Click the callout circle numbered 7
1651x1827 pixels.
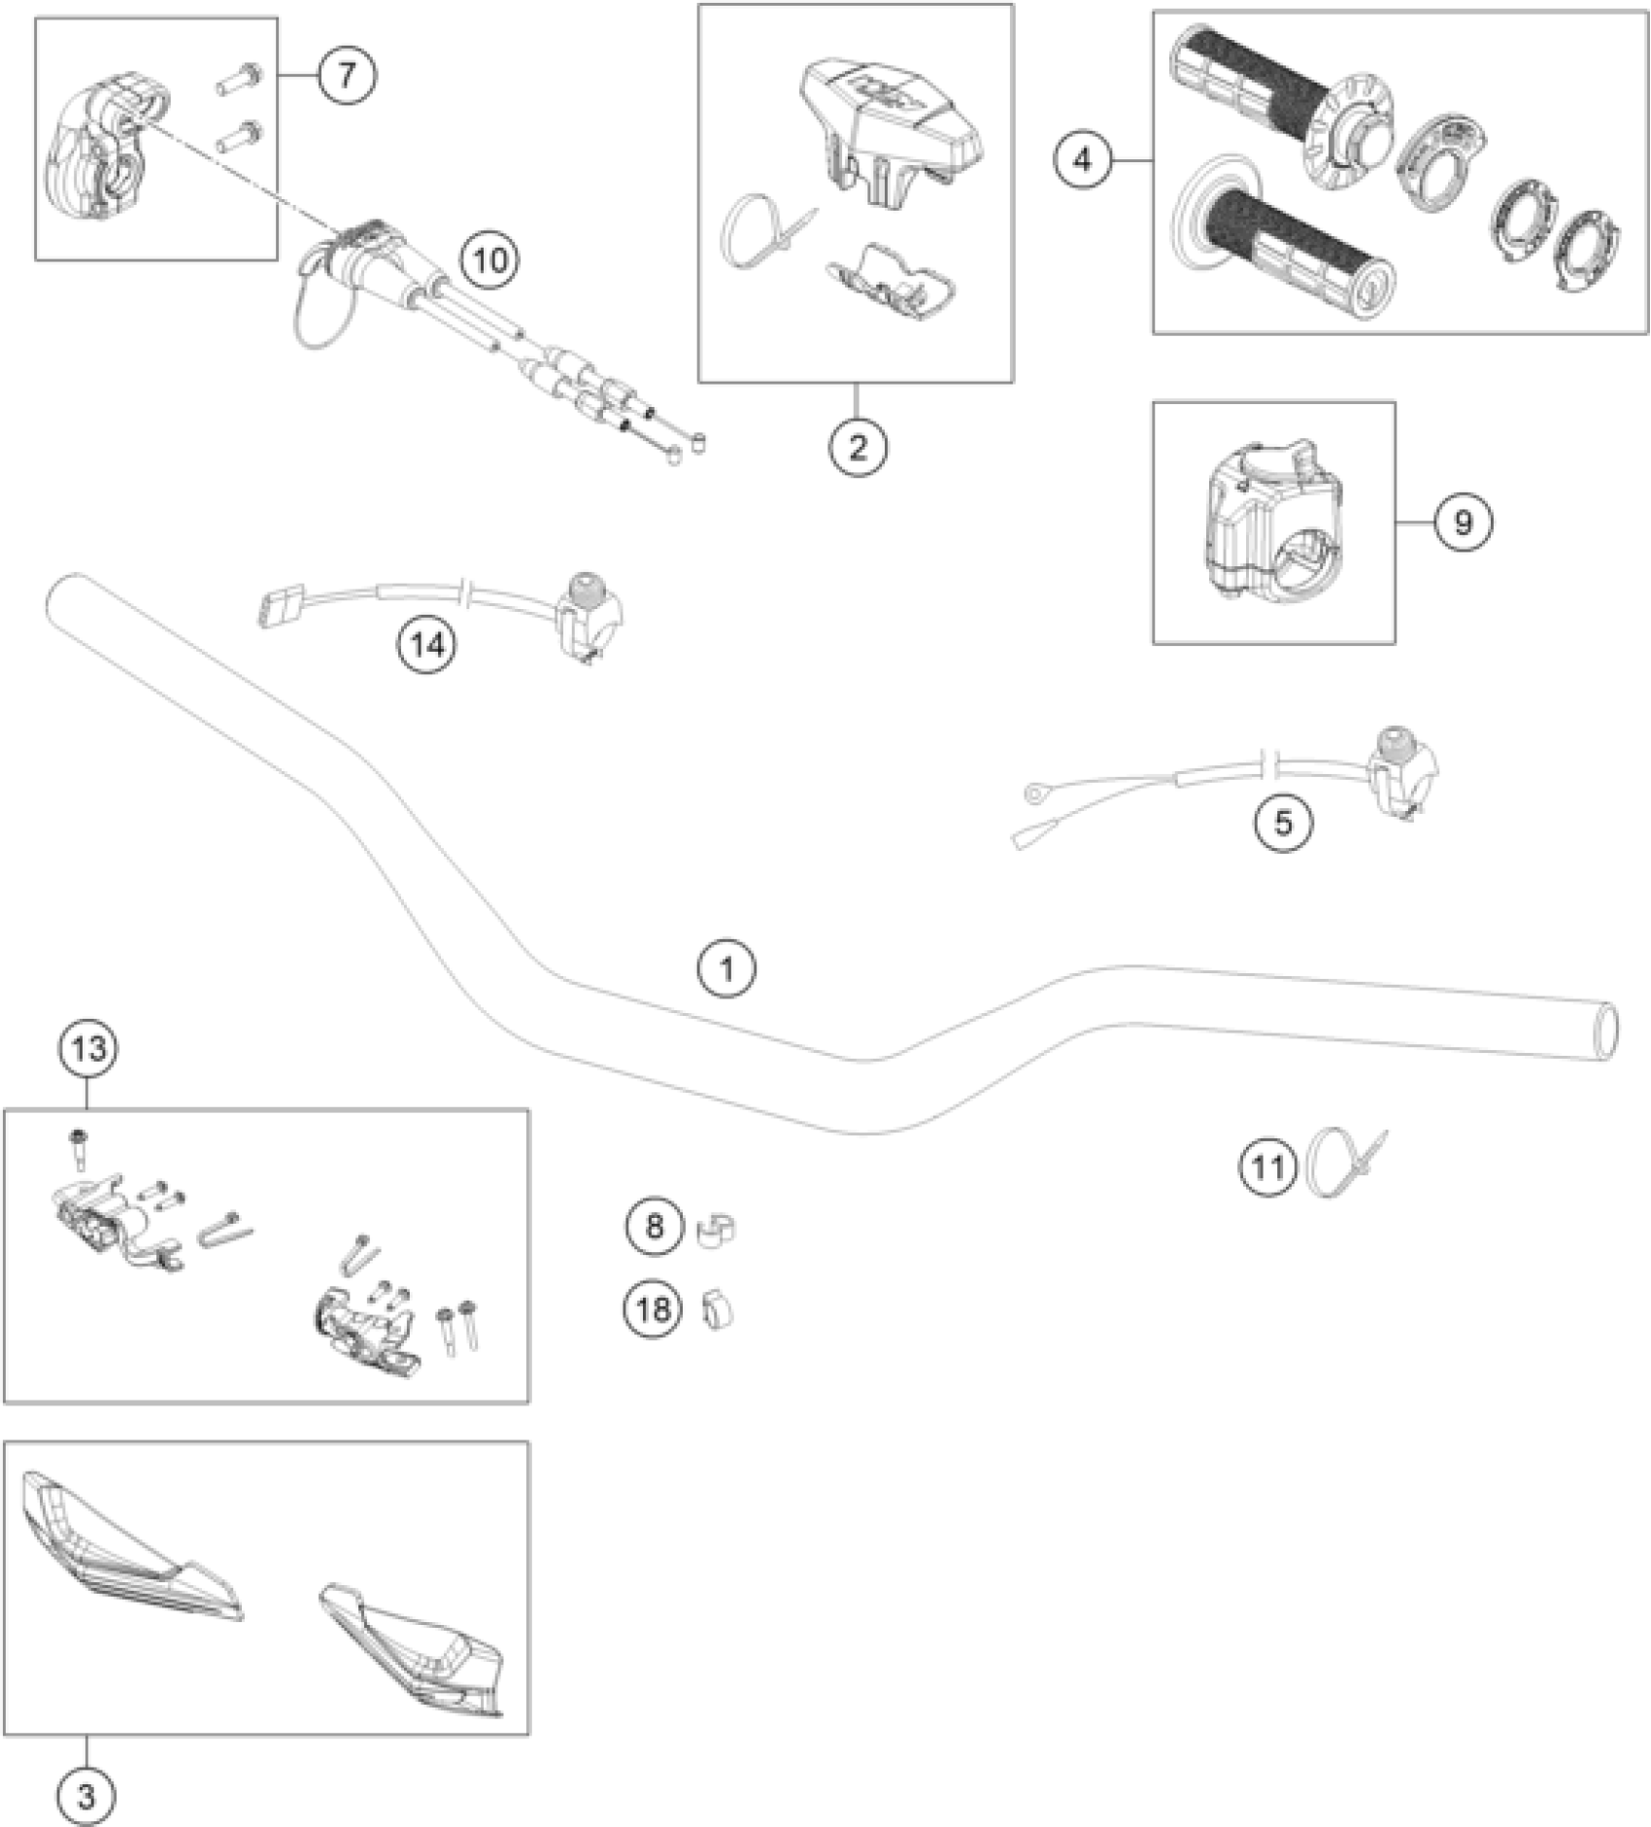point(347,75)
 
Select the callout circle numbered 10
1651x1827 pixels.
point(490,260)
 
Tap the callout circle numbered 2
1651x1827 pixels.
point(858,448)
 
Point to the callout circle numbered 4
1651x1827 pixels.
point(1083,159)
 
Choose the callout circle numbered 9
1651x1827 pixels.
point(1463,523)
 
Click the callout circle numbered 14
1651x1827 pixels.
point(428,644)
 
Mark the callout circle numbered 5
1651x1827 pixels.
point(1283,824)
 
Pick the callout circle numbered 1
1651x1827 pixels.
point(726,968)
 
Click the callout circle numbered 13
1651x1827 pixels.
point(88,1049)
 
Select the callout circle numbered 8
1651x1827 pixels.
point(654,1226)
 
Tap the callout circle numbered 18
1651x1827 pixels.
point(653,1309)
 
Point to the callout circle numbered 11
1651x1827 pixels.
point(1267,1168)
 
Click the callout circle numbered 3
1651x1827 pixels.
point(86,1796)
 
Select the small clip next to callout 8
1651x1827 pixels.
point(717,1230)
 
